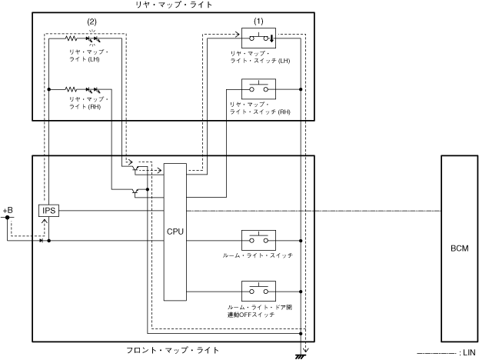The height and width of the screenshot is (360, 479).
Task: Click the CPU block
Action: pyautogui.click(x=175, y=231)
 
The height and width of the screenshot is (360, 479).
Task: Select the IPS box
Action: pyautogui.click(x=48, y=210)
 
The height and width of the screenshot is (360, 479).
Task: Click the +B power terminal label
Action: pyautogui.click(x=8, y=209)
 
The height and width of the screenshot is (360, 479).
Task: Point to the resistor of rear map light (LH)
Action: pyautogui.click(x=72, y=37)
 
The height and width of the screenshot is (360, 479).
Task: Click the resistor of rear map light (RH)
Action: pyautogui.click(x=72, y=89)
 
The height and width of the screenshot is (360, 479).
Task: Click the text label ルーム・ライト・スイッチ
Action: pyautogui.click(x=257, y=255)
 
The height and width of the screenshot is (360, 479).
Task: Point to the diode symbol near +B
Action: pyautogui.click(x=40, y=240)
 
